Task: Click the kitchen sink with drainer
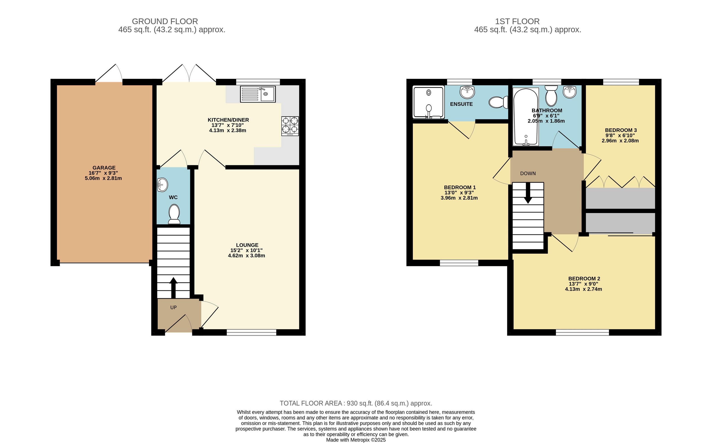(x=258, y=94)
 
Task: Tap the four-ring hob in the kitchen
(x=290, y=126)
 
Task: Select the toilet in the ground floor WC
(x=174, y=214)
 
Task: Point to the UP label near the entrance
(x=173, y=307)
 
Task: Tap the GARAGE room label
(x=104, y=168)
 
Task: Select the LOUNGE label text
(x=247, y=245)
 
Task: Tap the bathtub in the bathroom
(x=526, y=117)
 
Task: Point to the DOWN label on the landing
(x=528, y=173)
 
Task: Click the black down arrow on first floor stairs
(x=528, y=193)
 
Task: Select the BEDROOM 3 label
(x=621, y=130)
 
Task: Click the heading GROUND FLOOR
(x=165, y=21)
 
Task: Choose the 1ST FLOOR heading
(x=517, y=21)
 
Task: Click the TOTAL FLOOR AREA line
(x=356, y=404)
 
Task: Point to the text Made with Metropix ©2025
(x=356, y=440)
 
